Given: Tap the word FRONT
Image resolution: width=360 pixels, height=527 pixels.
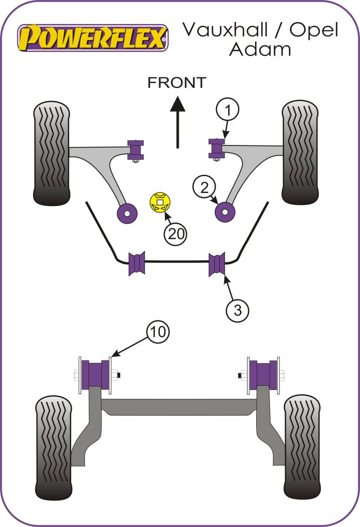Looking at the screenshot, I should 177,82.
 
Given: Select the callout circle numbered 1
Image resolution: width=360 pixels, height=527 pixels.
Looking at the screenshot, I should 227,111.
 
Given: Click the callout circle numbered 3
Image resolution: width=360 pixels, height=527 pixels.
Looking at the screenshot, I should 238,310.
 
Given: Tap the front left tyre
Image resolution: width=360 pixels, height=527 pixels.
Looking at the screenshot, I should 52,153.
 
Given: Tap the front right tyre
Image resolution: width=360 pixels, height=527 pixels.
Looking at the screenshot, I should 301,153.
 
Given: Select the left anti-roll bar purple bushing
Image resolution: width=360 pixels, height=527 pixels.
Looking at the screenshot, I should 137,264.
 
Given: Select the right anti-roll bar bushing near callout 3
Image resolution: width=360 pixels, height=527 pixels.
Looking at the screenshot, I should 217,264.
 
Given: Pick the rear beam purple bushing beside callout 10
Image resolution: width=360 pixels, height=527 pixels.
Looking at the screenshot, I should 95,375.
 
